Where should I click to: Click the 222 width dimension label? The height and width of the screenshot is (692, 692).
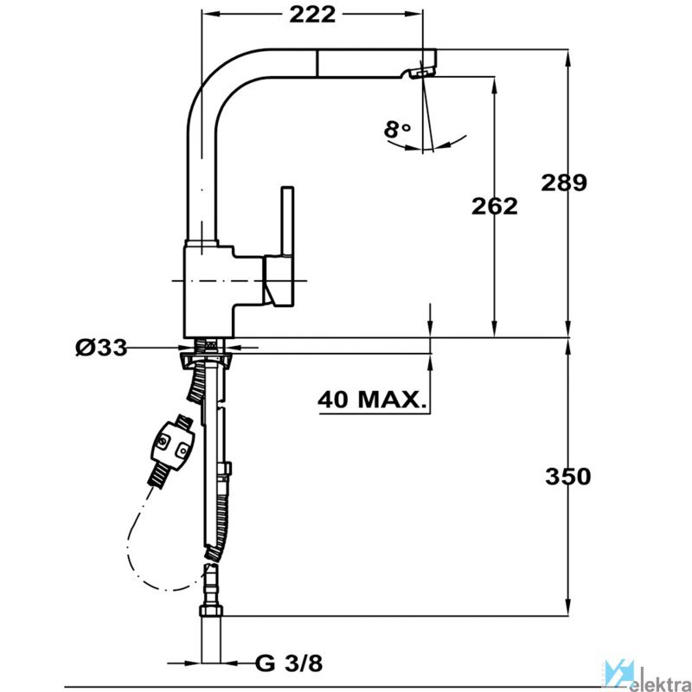(312, 15)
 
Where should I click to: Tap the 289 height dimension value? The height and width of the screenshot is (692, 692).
(564, 183)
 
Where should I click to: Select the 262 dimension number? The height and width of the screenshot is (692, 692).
(494, 206)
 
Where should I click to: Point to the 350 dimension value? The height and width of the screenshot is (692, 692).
(568, 477)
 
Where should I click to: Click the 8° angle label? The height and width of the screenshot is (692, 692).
(397, 129)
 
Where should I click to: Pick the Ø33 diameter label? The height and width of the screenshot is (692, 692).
(101, 348)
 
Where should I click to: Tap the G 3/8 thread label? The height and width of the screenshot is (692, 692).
(289, 663)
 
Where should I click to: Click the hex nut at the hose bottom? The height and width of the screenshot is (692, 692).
(211, 611)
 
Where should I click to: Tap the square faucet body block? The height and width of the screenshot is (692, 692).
(208, 291)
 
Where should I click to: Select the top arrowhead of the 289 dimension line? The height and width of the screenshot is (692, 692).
(568, 56)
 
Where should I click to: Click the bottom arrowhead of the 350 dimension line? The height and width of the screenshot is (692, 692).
(568, 607)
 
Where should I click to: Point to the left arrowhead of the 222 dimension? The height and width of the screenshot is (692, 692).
(210, 14)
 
